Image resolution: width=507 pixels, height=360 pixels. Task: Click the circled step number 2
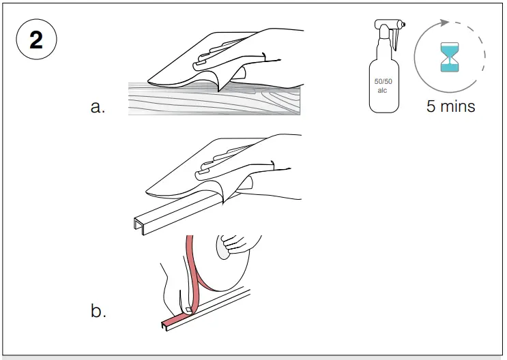(35, 40)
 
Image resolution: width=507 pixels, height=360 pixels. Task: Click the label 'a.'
(98, 107)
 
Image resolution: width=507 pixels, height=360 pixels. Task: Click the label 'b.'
(98, 311)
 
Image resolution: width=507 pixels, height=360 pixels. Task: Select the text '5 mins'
(450, 106)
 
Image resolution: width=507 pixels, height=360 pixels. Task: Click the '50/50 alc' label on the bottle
(383, 85)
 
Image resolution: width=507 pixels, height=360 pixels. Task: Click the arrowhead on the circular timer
(445, 22)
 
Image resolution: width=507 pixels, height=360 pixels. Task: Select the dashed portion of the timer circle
(481, 51)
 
